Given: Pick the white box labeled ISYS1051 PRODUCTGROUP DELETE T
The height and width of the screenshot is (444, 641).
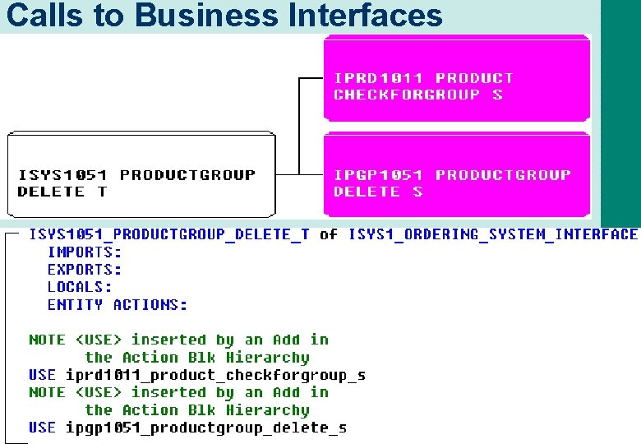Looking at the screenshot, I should [141, 175].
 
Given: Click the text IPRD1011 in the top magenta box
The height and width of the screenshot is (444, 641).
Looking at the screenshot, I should [379, 78].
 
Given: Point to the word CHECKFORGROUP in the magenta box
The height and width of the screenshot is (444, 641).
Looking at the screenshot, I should [407, 95].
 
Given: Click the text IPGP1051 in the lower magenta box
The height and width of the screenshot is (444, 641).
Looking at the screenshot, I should [379, 175].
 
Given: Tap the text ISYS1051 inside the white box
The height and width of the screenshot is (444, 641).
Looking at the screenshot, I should [62, 175].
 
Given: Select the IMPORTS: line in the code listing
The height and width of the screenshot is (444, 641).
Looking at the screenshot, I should [85, 252].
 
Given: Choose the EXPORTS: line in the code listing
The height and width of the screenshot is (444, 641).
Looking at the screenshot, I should [85, 270].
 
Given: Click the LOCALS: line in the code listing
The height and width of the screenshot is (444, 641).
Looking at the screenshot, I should [80, 287].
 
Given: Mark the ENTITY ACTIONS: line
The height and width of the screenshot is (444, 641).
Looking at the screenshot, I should [118, 305].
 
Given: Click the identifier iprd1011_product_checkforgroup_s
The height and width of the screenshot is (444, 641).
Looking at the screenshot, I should [215, 376].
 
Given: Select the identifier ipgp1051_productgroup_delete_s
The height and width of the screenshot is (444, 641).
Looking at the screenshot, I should [205, 428].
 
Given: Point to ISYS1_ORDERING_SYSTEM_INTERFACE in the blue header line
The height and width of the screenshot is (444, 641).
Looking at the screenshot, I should [493, 235].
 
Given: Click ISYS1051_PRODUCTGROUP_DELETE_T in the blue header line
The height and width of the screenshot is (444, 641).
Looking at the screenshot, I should [169, 235].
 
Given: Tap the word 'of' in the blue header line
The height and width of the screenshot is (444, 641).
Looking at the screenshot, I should [329, 235].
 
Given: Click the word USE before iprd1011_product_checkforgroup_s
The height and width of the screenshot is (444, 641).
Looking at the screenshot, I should [43, 376].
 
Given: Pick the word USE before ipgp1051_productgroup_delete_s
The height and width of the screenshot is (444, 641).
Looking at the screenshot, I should [43, 428].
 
